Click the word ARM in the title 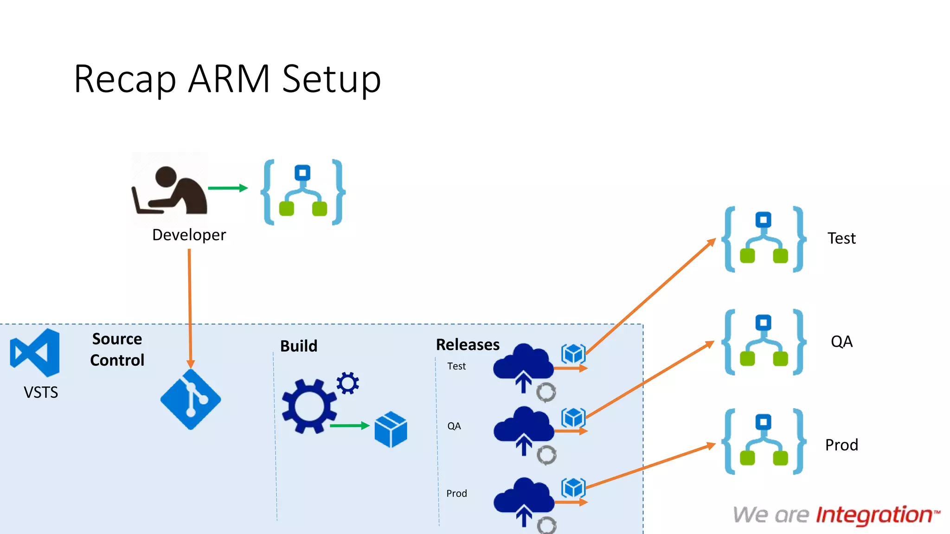(229, 79)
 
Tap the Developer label (189, 235)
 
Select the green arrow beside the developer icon (227, 188)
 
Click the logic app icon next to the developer (303, 192)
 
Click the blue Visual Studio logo (35, 353)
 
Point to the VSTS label (41, 393)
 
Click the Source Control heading (117, 350)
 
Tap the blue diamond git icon (191, 400)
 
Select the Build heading (299, 346)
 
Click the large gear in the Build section (309, 407)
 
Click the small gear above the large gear (347, 383)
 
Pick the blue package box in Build (391, 430)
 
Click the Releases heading (468, 345)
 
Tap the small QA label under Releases (454, 426)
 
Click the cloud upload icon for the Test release (523, 366)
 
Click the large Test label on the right (841, 238)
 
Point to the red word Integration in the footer (874, 515)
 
